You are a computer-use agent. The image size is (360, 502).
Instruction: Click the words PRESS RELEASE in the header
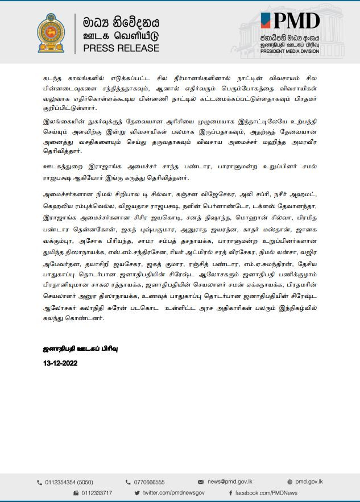(x=121, y=49)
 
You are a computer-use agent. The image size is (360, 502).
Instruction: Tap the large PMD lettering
(x=291, y=22)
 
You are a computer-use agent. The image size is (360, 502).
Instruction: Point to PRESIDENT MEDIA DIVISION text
(x=290, y=51)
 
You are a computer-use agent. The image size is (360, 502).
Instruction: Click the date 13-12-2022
(x=60, y=363)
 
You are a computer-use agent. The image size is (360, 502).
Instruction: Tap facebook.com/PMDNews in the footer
(x=266, y=493)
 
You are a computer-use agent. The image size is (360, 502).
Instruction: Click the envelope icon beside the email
(x=201, y=482)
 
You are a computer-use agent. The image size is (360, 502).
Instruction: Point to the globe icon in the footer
(x=290, y=482)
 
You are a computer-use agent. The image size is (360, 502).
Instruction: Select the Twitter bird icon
(x=137, y=493)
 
